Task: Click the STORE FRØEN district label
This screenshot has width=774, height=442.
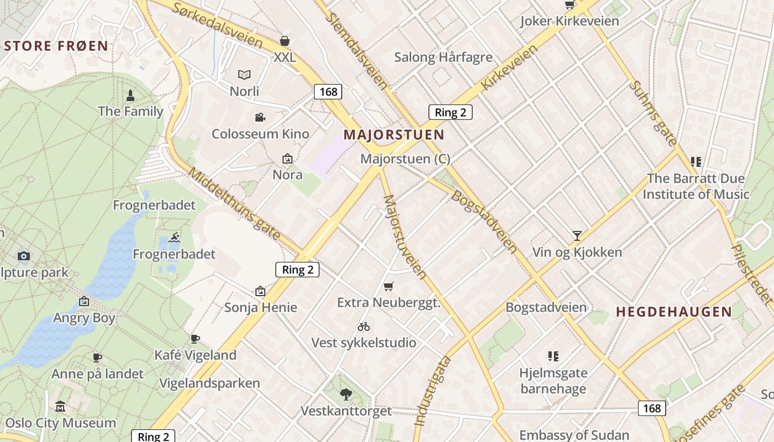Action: point(56,46)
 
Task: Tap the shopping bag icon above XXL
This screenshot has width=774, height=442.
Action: point(285,41)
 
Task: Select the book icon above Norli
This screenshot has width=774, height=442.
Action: point(244,75)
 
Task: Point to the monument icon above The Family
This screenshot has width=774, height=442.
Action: point(130,95)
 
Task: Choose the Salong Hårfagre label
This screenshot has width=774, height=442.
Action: point(443,57)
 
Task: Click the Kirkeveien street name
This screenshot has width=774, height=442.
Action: point(509,67)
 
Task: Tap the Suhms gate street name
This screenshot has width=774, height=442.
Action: point(653,113)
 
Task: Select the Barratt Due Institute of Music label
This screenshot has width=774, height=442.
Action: point(695,186)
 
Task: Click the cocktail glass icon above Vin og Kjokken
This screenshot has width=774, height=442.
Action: point(577,236)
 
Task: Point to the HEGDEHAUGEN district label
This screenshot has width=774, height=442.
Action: point(674,312)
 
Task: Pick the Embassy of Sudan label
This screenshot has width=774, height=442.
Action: point(574,435)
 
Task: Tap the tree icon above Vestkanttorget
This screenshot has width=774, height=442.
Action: point(346,394)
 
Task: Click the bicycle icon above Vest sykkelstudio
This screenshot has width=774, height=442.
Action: point(364,327)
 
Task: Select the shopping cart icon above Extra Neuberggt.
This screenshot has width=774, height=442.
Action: point(389,286)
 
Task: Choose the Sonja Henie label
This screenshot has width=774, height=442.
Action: point(261,307)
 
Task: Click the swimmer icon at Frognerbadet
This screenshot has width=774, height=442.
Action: point(174,238)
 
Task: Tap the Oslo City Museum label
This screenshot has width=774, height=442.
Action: point(61,423)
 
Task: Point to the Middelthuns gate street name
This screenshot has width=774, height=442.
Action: point(234,204)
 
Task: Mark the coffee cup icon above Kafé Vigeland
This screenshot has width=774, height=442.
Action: point(195,339)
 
